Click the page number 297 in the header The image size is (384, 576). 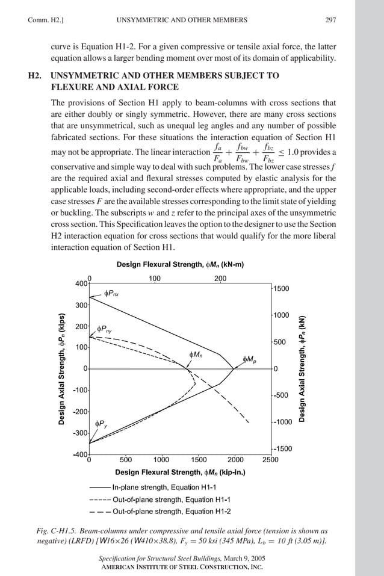click(330, 20)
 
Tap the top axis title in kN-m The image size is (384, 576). click(179, 265)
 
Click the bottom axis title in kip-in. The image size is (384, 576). click(180, 472)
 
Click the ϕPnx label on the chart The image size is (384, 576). click(111, 294)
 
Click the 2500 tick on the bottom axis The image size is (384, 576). click(270, 460)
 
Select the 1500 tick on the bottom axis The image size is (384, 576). click(198, 460)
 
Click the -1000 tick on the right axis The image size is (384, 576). click(282, 422)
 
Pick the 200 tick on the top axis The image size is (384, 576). click(220, 279)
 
